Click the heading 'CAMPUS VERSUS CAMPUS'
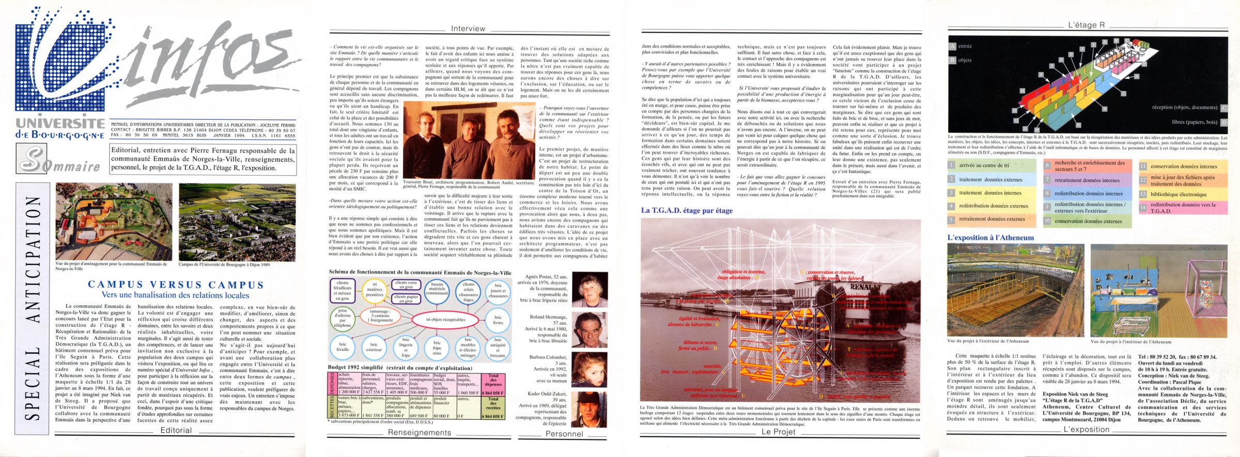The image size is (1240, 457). pyautogui.click(x=176, y=285)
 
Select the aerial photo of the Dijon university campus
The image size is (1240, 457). pyautogui.click(x=237, y=223)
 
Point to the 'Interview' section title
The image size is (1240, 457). pyautogui.click(x=468, y=29)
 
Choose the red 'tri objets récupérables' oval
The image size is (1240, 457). pyautogui.click(x=445, y=320)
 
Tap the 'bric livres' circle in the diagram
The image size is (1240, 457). pyautogui.click(x=498, y=320)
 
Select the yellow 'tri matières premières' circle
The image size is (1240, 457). pyautogui.click(x=375, y=291)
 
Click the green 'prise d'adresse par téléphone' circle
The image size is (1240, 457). pyautogui.click(x=343, y=319)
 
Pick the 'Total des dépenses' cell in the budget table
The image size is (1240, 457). pyautogui.click(x=493, y=380)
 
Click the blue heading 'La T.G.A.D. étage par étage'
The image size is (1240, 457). pyautogui.click(x=687, y=211)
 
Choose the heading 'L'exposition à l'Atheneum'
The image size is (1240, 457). pyautogui.click(x=990, y=238)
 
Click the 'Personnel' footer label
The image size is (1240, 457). pyautogui.click(x=564, y=434)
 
